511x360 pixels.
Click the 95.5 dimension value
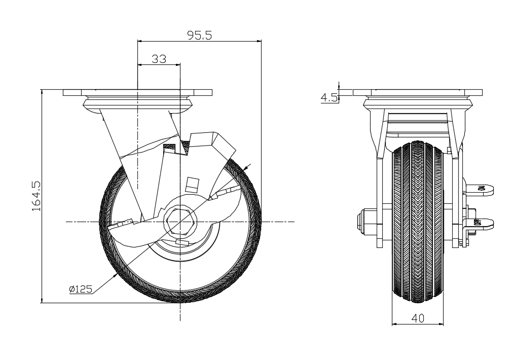(199, 35)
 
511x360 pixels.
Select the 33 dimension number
(159, 59)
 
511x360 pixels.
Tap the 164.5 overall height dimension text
(36, 196)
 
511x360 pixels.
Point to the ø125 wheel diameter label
(81, 289)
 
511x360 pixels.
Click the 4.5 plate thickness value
(329, 97)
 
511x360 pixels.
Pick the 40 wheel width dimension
(418, 318)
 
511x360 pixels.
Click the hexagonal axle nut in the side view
(180, 222)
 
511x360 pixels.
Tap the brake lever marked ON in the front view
(481, 189)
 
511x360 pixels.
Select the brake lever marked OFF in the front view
(481, 224)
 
